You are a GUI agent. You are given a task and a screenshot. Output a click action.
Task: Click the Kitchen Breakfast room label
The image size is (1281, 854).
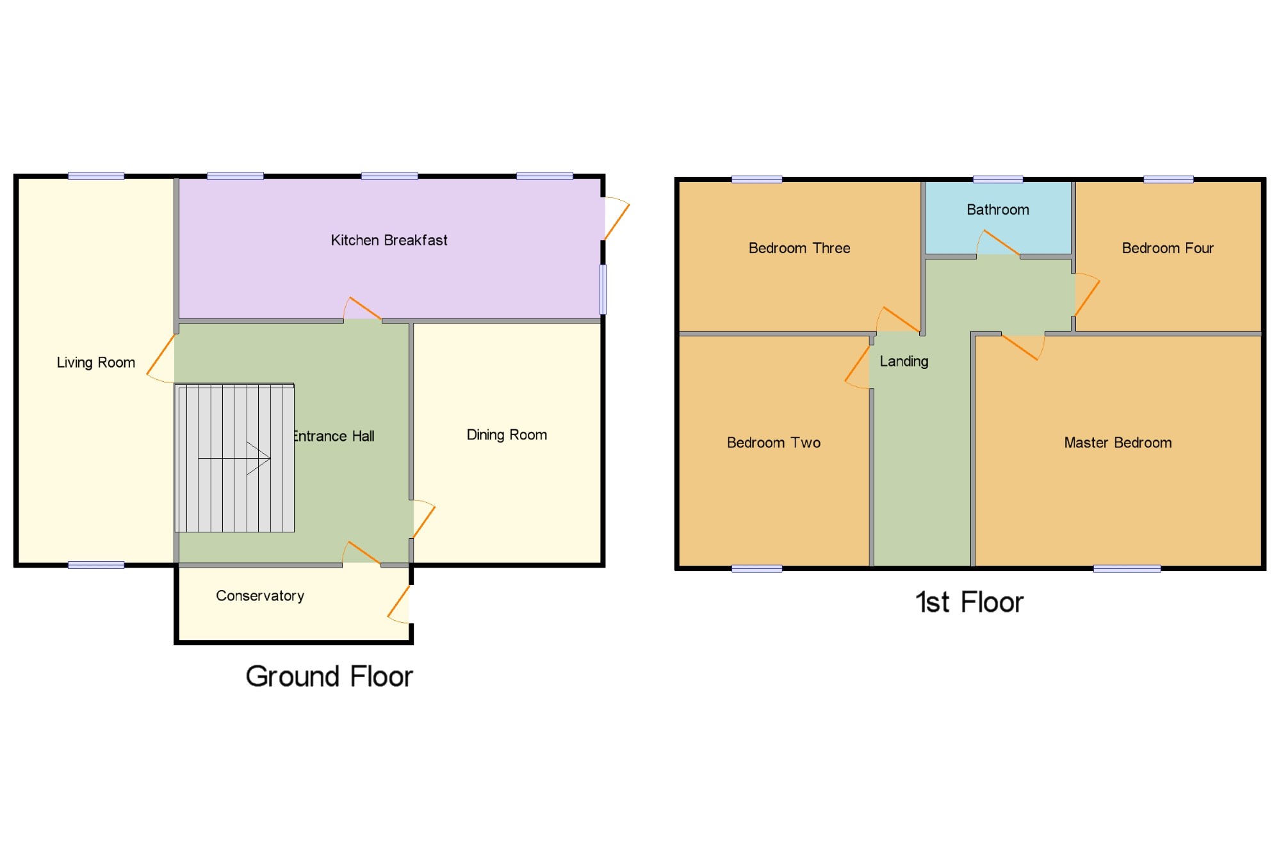pos(389,240)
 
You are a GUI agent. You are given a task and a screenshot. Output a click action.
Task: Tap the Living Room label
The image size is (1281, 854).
pos(96,363)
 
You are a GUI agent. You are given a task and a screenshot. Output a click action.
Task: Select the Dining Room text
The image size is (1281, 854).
pos(507,435)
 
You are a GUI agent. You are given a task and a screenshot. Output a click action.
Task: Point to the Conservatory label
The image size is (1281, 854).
pos(260,596)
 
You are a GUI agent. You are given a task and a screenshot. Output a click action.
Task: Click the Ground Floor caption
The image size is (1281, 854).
pos(329,677)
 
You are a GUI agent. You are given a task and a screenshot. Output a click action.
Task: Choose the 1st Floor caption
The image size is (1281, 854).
pos(970,602)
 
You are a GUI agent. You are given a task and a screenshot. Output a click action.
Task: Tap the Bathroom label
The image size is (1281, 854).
pos(998,209)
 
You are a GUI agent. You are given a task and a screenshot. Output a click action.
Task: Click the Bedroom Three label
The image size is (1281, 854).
pos(799,248)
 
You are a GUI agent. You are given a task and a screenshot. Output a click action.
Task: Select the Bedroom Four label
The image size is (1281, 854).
pos(1168,248)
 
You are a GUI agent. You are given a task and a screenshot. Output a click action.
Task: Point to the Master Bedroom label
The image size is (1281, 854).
pos(1118,443)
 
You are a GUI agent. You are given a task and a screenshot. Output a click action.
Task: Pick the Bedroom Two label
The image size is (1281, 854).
pos(774,443)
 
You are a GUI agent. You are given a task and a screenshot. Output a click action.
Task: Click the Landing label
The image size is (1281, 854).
pos(904,361)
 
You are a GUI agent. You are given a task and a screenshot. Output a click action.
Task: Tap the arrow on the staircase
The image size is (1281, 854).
pos(234,458)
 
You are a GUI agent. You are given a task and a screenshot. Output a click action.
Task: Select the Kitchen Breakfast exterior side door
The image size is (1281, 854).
pos(617,218)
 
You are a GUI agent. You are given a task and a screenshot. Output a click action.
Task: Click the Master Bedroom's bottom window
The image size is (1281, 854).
pos(1127,568)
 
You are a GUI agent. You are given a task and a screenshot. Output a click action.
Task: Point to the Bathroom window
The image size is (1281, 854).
pos(997,179)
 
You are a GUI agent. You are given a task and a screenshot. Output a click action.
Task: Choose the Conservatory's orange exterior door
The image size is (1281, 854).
pos(398,604)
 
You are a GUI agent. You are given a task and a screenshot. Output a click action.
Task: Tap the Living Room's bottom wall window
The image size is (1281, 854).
pos(96,565)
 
